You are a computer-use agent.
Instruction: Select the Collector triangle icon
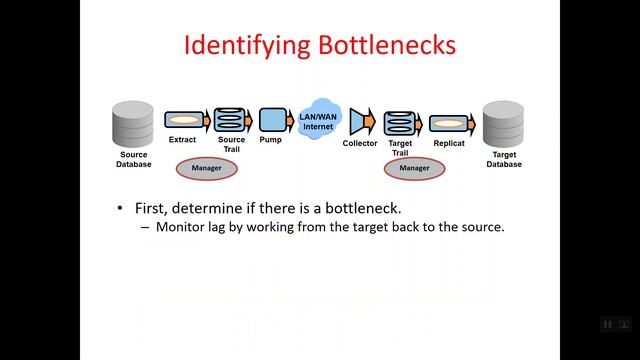click(360, 122)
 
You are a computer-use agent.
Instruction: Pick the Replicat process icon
click(449, 123)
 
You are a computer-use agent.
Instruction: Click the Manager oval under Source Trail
click(207, 169)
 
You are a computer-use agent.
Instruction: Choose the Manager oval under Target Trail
click(414, 169)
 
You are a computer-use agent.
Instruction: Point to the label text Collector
click(360, 144)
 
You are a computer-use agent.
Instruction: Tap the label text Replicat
click(449, 144)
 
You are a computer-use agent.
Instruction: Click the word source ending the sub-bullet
click(480, 227)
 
